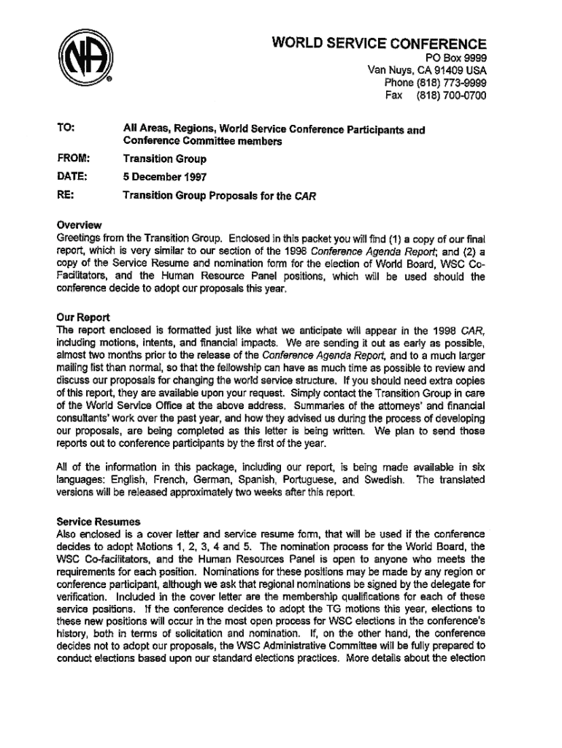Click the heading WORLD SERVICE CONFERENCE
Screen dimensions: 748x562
tap(379, 44)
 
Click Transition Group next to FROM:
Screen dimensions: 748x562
tap(164, 158)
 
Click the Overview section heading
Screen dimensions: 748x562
tap(79, 224)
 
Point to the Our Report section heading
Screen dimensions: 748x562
tap(82, 318)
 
